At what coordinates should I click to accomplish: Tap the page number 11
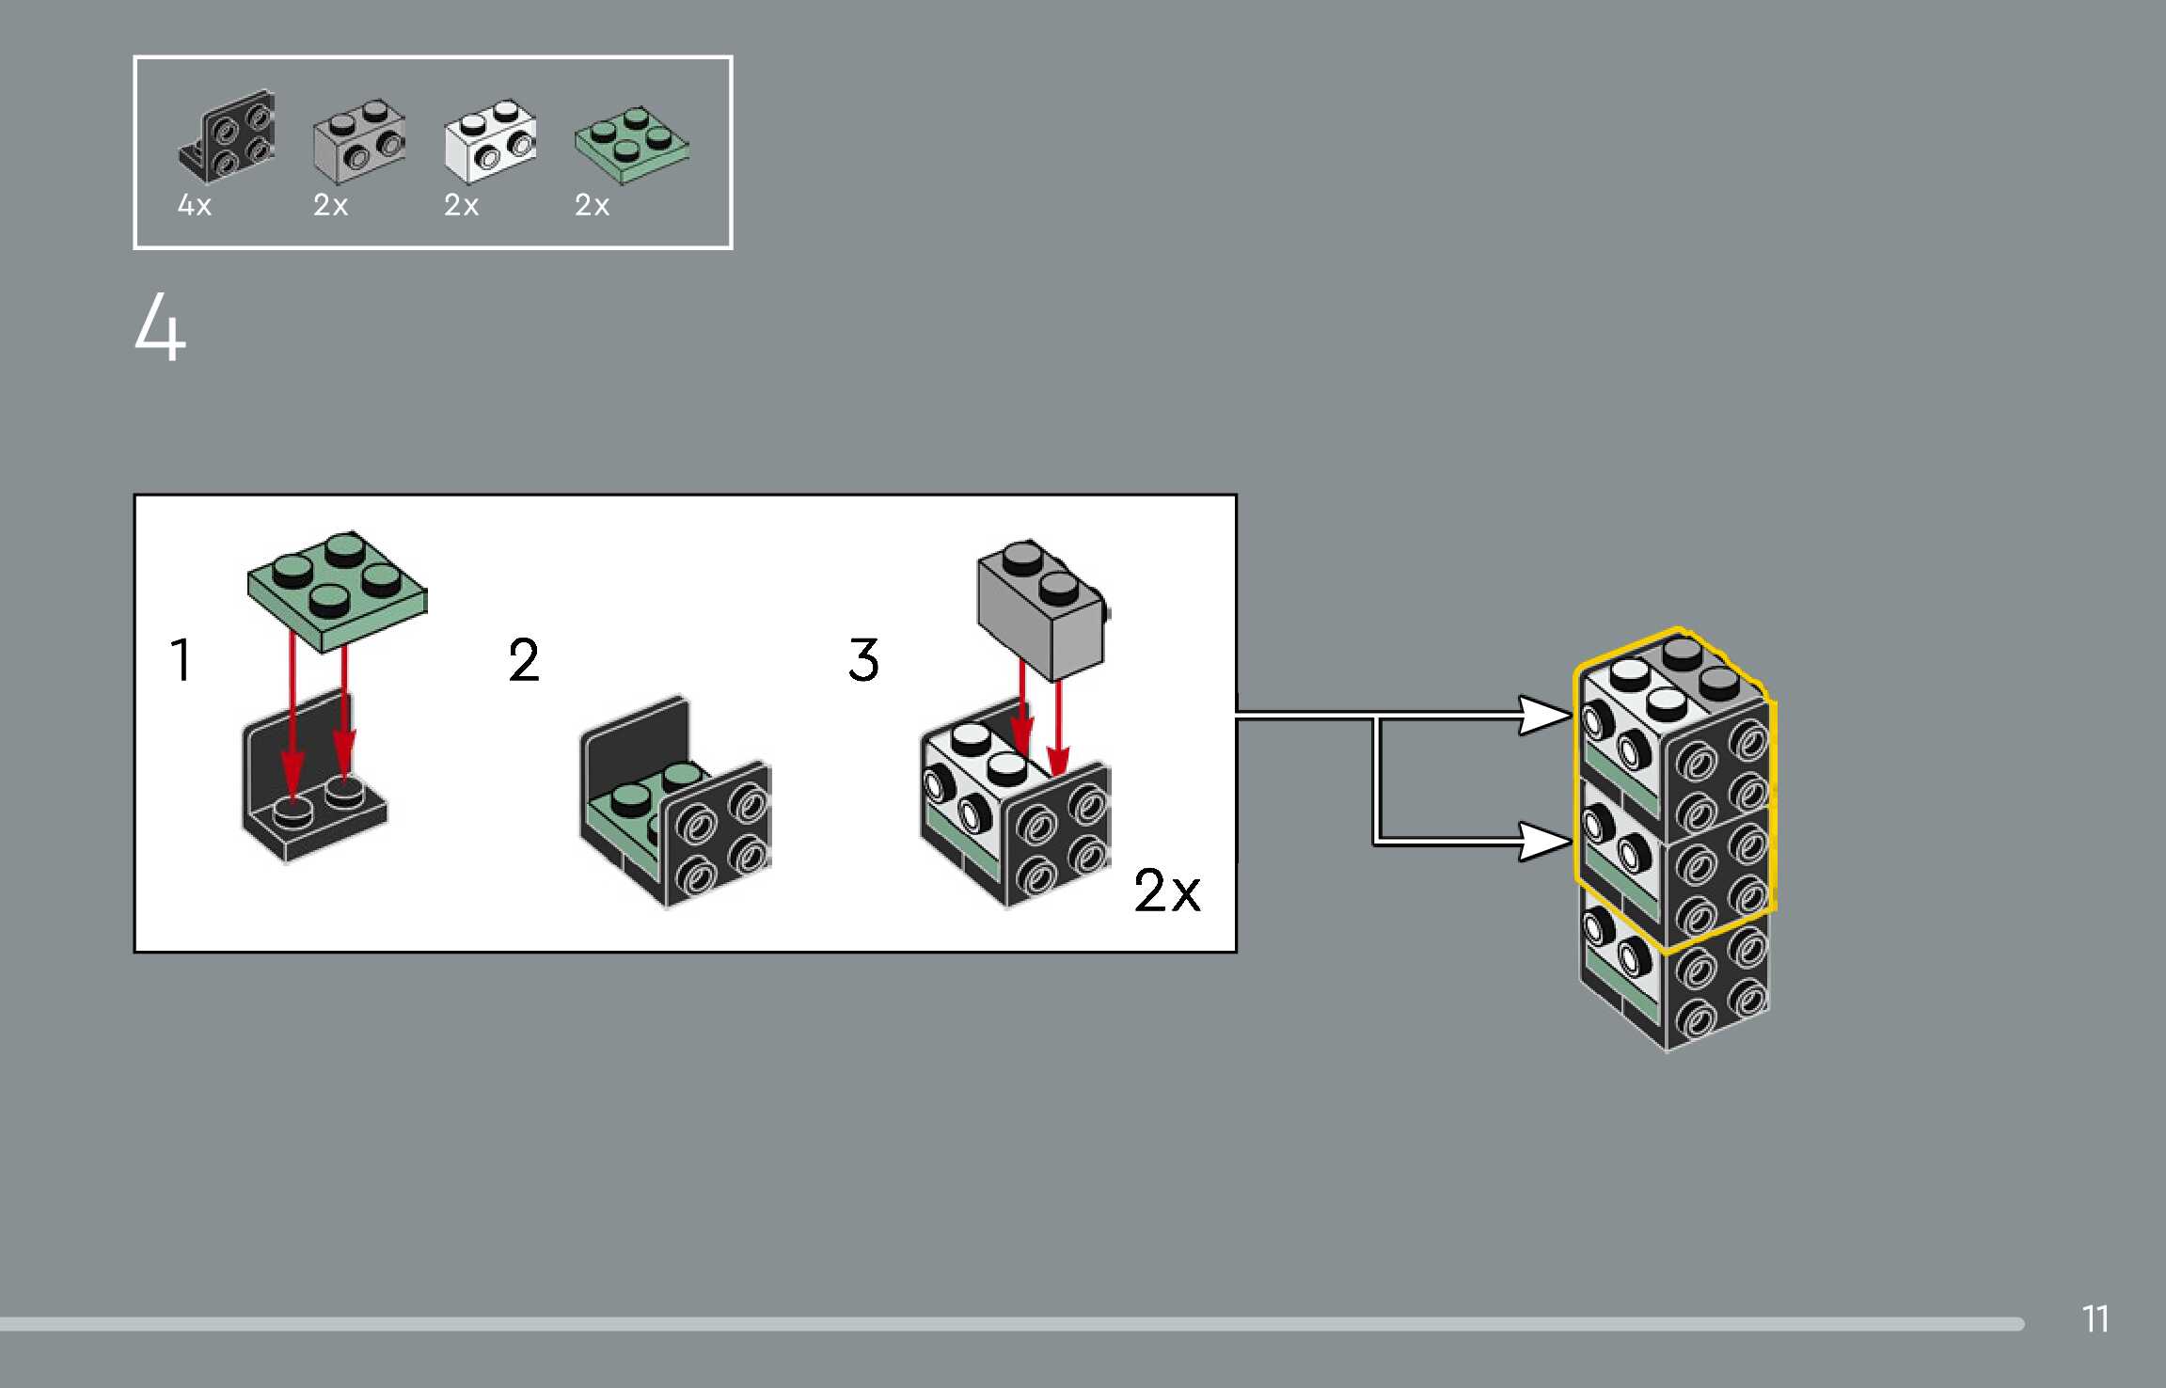pos(2095,1319)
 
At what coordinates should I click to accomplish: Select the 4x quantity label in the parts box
pos(195,205)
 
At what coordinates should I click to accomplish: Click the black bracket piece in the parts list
pos(228,138)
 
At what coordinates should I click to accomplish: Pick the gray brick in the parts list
pos(359,141)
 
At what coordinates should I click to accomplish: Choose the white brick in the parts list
pos(490,141)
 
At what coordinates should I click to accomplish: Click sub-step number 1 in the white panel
pos(182,659)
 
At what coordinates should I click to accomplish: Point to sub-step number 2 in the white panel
pos(524,659)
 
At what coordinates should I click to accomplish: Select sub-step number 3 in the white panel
pos(863,659)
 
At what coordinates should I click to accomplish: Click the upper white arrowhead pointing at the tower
pos(1544,716)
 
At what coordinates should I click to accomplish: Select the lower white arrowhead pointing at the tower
pos(1544,840)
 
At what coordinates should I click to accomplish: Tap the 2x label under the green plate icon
pos(592,205)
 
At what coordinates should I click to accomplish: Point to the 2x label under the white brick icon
pos(461,205)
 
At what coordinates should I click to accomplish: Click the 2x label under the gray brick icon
pos(330,205)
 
